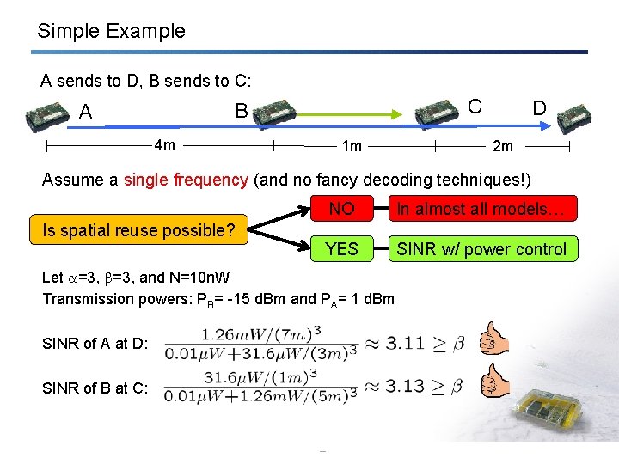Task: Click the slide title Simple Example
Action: coord(111,32)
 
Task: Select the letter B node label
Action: coord(242,111)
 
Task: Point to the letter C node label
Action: coord(475,106)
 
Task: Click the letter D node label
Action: coord(539,108)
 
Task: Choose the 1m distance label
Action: coord(352,146)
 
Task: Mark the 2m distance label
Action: coord(503,146)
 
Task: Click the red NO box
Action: coord(341,209)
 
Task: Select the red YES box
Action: coord(341,249)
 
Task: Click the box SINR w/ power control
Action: coord(481,249)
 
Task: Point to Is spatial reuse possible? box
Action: coord(138,230)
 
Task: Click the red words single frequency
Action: coord(186,180)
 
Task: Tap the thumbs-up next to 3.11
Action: coord(494,339)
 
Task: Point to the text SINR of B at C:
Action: coord(95,388)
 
